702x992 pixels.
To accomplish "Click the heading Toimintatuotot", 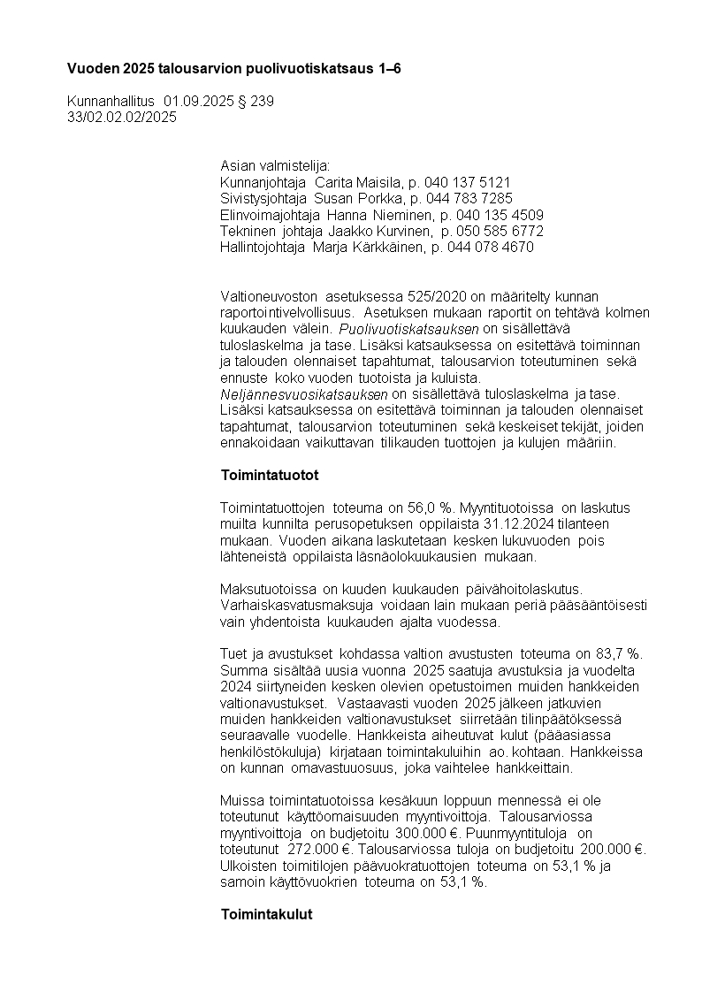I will click(269, 476).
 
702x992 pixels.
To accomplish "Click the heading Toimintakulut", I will click(266, 914).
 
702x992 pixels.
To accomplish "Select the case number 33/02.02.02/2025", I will click(122, 117).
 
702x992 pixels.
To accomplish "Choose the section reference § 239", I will click(256, 102).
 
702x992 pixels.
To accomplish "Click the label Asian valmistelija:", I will click(274, 166).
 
